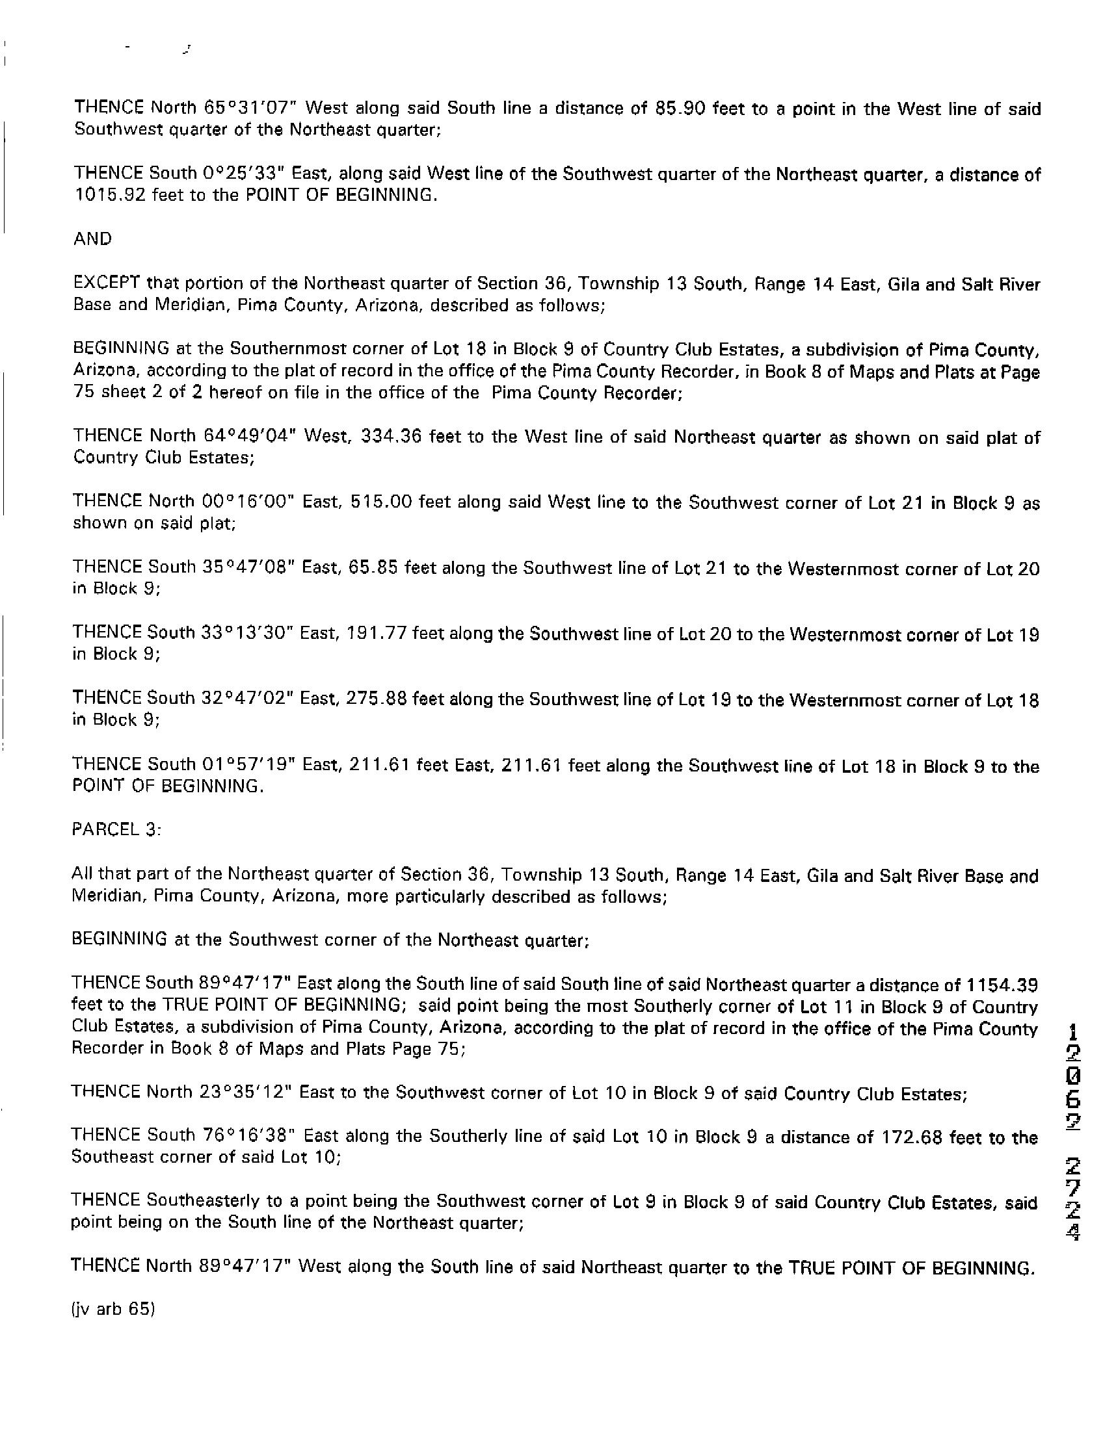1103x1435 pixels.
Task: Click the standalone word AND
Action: pyautogui.click(x=92, y=239)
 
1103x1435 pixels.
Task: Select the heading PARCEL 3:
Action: pyautogui.click(x=116, y=830)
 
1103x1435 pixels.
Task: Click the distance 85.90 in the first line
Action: pyautogui.click(x=680, y=109)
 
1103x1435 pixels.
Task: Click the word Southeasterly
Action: pyautogui.click(x=203, y=1202)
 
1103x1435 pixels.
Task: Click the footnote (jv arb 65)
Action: pyautogui.click(x=113, y=1309)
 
